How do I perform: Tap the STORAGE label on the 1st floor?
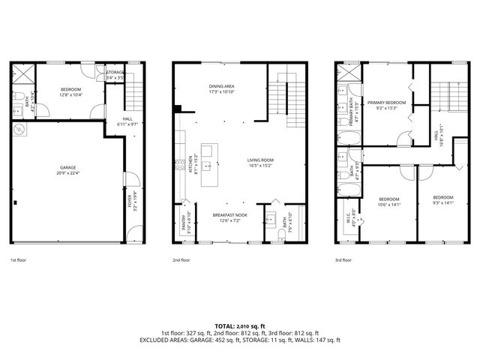(x=115, y=72)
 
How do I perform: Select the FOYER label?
(x=128, y=201)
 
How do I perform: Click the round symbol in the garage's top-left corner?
(x=19, y=129)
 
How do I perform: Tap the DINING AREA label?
(x=222, y=86)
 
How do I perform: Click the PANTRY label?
(x=184, y=223)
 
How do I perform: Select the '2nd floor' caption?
(x=181, y=260)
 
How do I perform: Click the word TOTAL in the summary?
(x=224, y=326)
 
